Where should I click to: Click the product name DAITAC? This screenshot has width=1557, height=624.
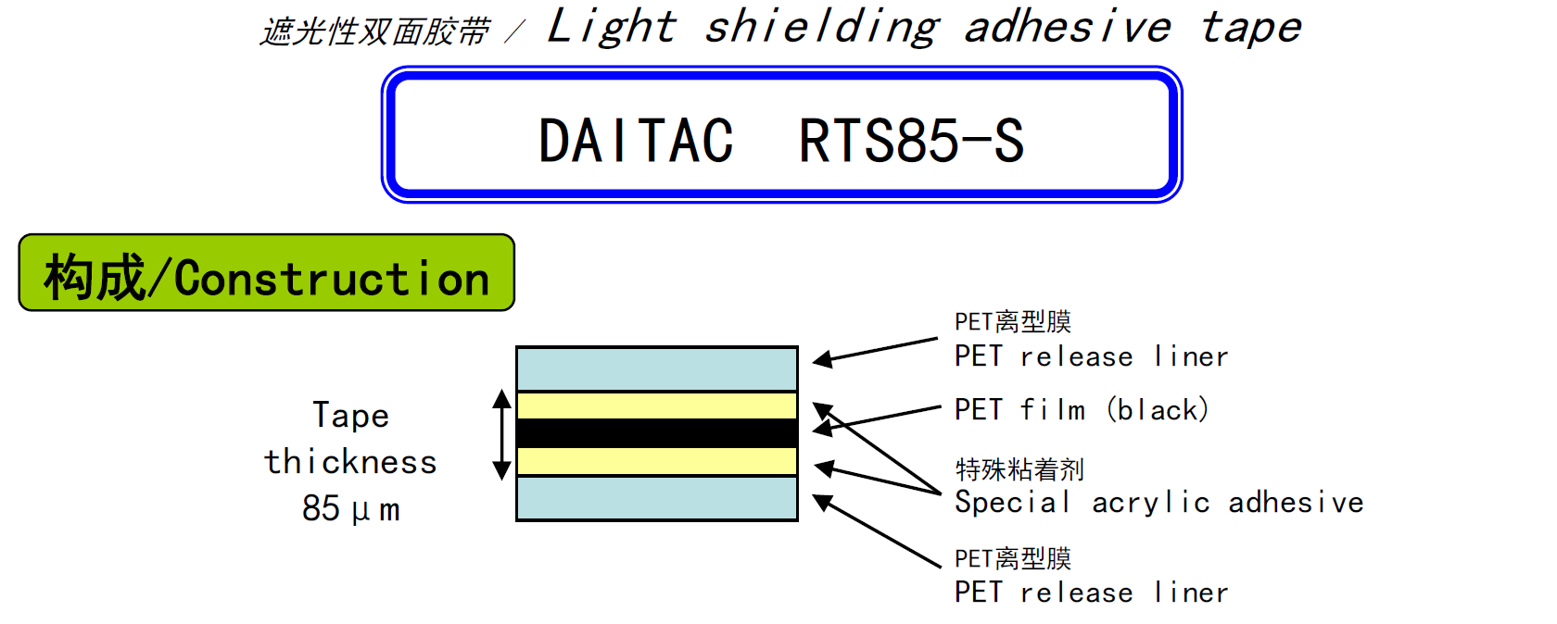tap(636, 142)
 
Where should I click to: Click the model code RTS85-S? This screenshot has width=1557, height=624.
tap(911, 142)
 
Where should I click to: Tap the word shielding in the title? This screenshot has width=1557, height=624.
tap(822, 27)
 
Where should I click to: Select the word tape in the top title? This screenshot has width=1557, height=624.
tap(1251, 27)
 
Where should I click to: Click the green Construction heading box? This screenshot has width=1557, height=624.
tap(266, 273)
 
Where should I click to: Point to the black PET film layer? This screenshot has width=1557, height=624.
tap(656, 433)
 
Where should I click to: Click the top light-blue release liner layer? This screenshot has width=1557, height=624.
tap(656, 368)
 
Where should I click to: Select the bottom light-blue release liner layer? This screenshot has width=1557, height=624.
tap(656, 498)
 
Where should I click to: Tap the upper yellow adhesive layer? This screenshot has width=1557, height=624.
tap(656, 406)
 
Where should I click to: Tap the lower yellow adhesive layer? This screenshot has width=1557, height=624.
tap(656, 461)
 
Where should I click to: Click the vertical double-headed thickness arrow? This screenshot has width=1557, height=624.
tap(501, 435)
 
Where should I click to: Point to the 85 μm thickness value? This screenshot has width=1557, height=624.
tap(350, 508)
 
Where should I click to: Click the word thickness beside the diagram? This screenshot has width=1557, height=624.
tap(350, 462)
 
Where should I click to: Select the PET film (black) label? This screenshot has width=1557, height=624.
tap(1082, 409)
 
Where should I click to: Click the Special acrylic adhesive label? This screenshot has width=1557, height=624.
tap(1158, 502)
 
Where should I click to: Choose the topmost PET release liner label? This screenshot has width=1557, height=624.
tap(1091, 356)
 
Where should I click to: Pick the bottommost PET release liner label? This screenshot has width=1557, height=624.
tap(1091, 593)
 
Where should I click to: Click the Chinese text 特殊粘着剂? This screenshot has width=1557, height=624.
tap(1019, 469)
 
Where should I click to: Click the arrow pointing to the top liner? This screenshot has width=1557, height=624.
tap(876, 351)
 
